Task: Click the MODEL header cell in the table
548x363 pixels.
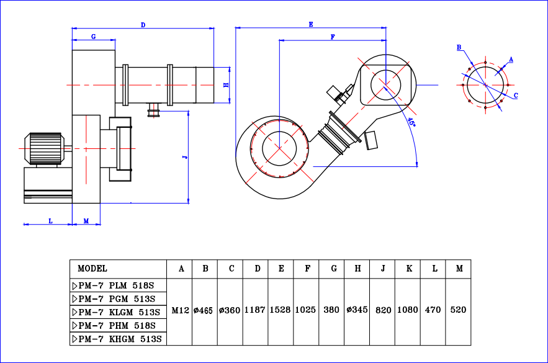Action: point(92,269)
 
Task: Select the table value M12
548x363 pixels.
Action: point(180,310)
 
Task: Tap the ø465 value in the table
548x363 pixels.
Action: point(204,310)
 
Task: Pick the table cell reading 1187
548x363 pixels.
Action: point(255,310)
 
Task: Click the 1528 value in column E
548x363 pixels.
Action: point(281,310)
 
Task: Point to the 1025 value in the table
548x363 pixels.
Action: point(306,310)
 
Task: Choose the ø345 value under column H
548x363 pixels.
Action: point(357,310)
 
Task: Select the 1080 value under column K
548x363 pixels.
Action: point(408,310)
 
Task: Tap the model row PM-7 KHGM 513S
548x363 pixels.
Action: point(117,339)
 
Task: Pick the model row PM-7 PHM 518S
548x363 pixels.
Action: point(113,325)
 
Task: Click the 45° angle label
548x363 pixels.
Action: point(411,122)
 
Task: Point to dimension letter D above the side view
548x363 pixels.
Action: point(143,25)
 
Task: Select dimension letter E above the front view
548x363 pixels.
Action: point(310,24)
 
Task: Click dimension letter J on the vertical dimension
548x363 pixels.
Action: point(185,158)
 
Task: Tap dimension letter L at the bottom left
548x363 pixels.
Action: point(50,220)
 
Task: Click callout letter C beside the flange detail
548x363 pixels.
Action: point(516,95)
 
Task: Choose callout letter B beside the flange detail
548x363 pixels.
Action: point(459,47)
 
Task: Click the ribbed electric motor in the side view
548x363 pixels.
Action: point(43,148)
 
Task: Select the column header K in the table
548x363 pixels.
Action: point(408,269)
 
